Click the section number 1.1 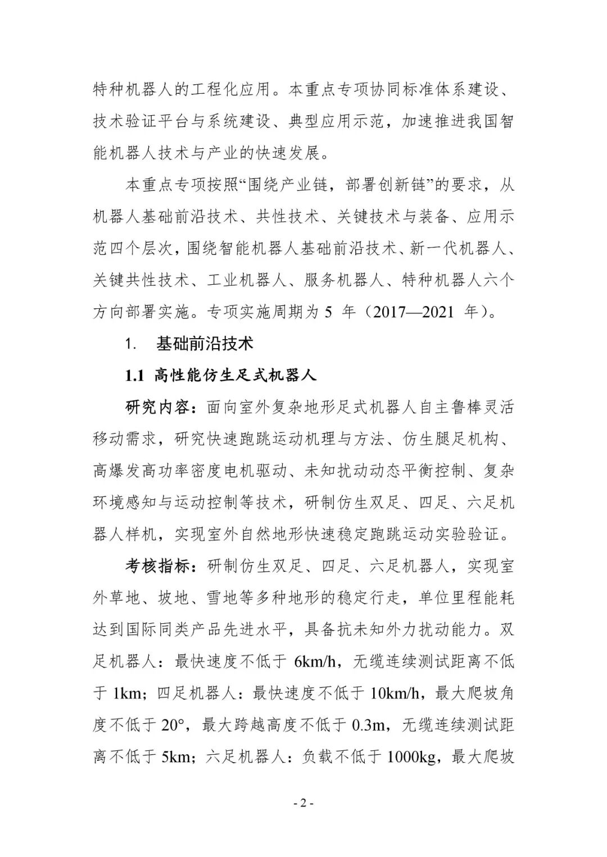tap(135, 376)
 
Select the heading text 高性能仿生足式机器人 tap(235, 376)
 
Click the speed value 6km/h tap(315, 661)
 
